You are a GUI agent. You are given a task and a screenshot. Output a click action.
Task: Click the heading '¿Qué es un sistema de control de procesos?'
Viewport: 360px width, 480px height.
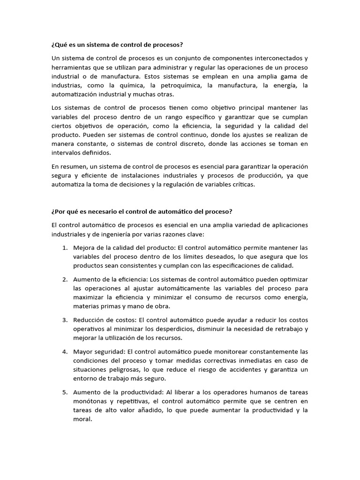[x=116, y=45]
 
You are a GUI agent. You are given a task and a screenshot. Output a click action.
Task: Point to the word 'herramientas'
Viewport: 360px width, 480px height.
[x=69, y=67]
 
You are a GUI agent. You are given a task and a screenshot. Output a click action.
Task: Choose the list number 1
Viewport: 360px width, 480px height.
[x=65, y=247]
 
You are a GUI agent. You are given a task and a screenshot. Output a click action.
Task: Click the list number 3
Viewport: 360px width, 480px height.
[x=65, y=320]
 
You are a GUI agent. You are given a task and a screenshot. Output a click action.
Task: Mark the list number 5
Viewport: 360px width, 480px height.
[x=65, y=392]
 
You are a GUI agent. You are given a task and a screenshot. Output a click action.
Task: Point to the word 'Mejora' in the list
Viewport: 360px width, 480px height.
[x=83, y=247]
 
